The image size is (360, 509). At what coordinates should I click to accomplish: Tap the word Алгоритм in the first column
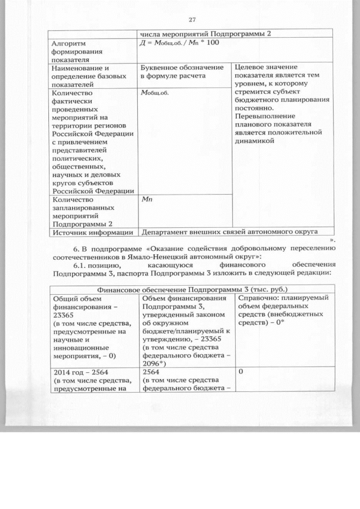coord(66,43)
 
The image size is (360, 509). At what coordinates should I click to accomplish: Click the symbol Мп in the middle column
coord(147,199)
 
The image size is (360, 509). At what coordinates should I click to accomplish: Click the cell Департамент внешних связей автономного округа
coord(229,231)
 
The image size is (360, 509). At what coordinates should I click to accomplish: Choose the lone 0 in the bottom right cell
coord(240,372)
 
